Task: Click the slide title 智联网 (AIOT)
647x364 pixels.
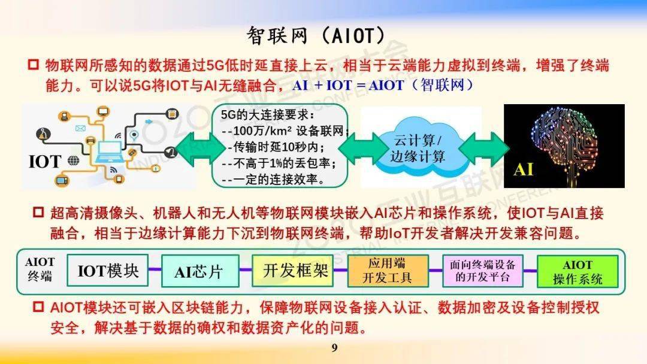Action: (316, 35)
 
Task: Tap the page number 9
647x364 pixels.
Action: (335, 348)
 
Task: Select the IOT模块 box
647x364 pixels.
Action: (108, 271)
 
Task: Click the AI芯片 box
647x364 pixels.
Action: (200, 271)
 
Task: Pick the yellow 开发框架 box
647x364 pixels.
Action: (292, 271)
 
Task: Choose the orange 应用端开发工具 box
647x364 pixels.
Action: (388, 271)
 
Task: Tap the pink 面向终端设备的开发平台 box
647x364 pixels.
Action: (482, 271)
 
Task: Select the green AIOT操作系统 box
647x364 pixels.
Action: (578, 271)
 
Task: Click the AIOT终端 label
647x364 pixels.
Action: (40, 269)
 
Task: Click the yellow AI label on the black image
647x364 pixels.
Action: (523, 169)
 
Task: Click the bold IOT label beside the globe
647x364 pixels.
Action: (44, 162)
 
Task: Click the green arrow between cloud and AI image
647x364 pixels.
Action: (483, 149)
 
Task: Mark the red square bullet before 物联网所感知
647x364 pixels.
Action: (33, 65)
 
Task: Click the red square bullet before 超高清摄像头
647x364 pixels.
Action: (38, 213)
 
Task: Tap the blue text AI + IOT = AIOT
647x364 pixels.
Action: (348, 86)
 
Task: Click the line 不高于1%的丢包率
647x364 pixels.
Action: (279, 163)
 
